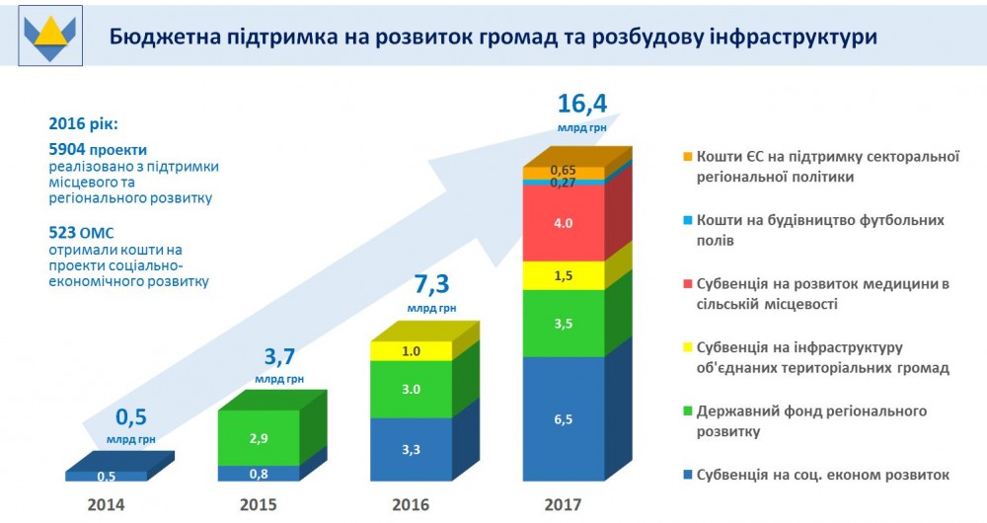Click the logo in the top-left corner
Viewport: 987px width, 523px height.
point(46,36)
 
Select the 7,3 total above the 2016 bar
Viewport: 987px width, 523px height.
point(431,286)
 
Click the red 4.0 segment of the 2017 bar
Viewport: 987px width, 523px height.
point(563,223)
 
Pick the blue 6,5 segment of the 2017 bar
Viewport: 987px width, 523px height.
point(563,418)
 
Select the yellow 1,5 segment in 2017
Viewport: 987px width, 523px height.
point(563,275)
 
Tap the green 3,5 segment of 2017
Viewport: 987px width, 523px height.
point(563,323)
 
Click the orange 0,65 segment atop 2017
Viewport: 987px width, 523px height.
point(563,172)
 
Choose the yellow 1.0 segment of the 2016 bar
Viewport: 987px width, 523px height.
point(412,351)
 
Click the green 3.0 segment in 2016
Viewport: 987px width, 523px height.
point(412,389)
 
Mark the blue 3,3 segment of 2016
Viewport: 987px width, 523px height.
point(412,449)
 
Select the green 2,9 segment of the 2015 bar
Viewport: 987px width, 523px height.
point(257,435)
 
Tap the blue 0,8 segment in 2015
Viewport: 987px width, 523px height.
point(257,474)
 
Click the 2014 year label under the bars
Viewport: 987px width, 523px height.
point(105,505)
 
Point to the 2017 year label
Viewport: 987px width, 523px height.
point(563,505)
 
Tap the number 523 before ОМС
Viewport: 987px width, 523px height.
point(65,233)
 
